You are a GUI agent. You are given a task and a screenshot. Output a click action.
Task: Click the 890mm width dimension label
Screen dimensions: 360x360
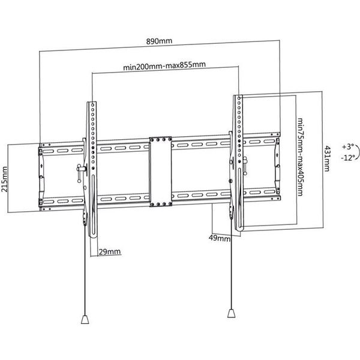(x=159, y=41)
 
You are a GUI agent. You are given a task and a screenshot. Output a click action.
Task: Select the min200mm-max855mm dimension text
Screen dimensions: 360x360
(x=164, y=65)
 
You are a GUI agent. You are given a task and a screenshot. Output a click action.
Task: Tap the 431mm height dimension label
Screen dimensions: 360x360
(x=327, y=158)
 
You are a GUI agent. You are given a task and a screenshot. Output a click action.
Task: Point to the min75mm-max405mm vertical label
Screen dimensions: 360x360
(x=301, y=157)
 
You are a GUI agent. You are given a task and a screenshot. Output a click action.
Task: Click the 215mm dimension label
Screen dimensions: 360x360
(x=4, y=179)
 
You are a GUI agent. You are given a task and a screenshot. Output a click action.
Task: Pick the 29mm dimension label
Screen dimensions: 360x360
(x=110, y=251)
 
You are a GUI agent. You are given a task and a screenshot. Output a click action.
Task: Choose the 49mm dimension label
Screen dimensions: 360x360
(x=220, y=238)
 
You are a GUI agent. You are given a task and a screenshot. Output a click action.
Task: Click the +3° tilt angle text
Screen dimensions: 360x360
(x=348, y=147)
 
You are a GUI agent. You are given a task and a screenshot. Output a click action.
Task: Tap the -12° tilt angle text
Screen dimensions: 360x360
(x=348, y=158)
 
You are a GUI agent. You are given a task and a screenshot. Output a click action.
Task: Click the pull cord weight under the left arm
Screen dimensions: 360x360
(x=85, y=319)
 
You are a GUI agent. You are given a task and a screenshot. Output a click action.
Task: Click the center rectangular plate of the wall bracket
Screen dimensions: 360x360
(x=160, y=172)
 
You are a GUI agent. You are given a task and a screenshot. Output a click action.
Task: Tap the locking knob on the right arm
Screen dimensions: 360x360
(x=245, y=166)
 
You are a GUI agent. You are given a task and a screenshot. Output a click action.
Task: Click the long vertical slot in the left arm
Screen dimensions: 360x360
(x=94, y=205)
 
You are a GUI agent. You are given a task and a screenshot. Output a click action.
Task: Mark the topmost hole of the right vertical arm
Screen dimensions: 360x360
(x=239, y=98)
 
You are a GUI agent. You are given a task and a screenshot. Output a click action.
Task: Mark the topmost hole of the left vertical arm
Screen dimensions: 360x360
(x=93, y=105)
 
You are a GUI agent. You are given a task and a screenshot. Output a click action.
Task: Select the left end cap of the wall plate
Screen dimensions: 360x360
(x=41, y=177)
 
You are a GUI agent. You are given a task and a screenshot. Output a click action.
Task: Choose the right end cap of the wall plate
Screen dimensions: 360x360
(x=277, y=166)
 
